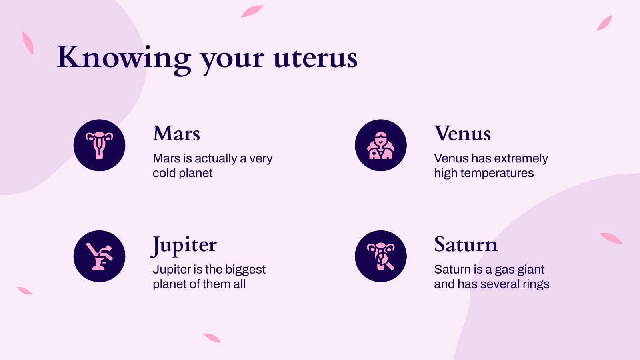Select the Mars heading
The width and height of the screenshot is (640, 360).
tap(176, 134)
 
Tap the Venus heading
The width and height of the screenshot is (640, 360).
tap(462, 134)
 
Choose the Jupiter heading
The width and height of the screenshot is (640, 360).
tap(184, 245)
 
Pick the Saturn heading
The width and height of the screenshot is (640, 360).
tap(466, 244)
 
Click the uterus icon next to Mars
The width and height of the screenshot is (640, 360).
tap(99, 145)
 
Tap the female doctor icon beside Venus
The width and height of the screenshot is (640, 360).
tap(381, 145)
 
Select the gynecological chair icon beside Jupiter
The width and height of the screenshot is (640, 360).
tap(99, 256)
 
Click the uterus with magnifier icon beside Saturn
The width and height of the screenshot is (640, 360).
tap(381, 256)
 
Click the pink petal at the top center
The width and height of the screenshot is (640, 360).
tap(252, 11)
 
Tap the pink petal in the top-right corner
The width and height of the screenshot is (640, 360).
tap(604, 23)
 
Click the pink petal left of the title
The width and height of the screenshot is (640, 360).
tap(28, 43)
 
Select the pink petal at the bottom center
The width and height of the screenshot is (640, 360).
tap(212, 338)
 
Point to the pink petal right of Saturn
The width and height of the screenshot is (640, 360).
tap(611, 238)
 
